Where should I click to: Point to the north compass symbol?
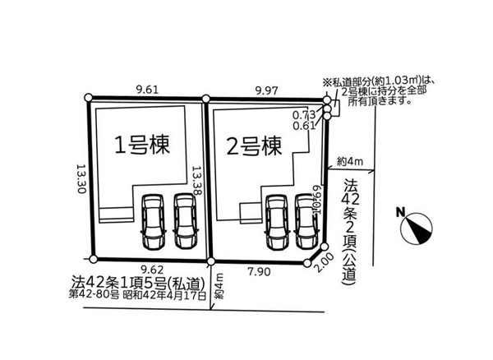417,224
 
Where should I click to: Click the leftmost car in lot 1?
154,221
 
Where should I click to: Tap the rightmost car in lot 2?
306,223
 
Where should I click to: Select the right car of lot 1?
185,221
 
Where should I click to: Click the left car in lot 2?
277,223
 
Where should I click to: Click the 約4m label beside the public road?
351,161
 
